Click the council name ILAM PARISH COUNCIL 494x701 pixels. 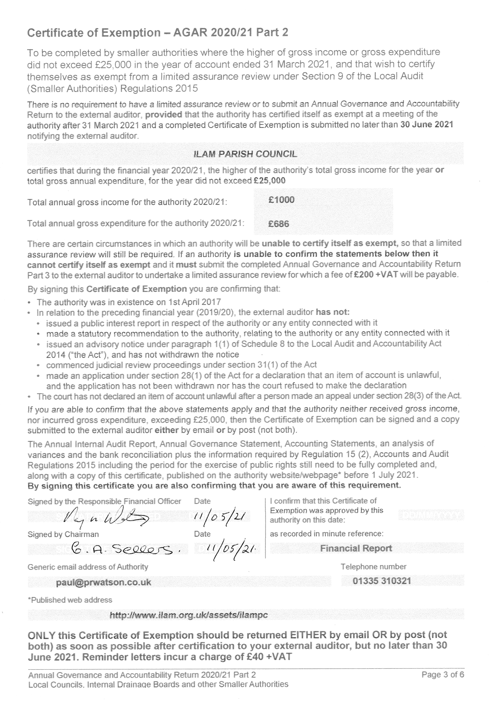245,154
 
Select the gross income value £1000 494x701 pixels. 281,200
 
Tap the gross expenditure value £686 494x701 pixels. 278,224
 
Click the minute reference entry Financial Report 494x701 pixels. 356,548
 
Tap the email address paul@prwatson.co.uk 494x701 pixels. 104,582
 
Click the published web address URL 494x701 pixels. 189,615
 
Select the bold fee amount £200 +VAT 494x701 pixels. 376,275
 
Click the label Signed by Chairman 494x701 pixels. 63,534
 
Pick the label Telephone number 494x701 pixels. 373,567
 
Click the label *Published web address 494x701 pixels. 70,600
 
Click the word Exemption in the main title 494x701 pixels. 131,32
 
